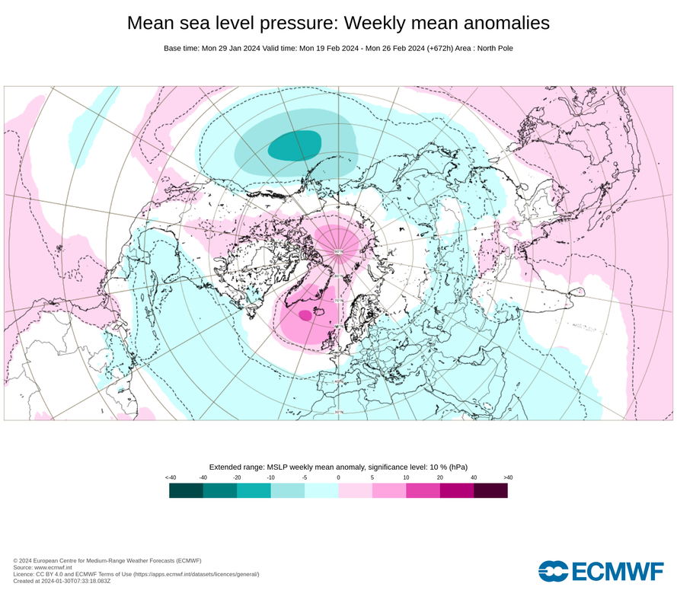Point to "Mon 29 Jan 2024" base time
pyautogui.click(x=231, y=49)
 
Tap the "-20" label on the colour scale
pyautogui.click(x=237, y=477)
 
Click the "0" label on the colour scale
pyautogui.click(x=338, y=477)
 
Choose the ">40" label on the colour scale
pyautogui.click(x=508, y=477)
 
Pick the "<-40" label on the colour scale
pyautogui.click(x=170, y=477)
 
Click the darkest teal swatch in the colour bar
pyautogui.click(x=186, y=491)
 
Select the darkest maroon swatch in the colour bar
pyautogui.click(x=490, y=491)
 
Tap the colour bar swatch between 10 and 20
pyautogui.click(x=423, y=491)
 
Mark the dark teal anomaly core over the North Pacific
pyautogui.click(x=295, y=145)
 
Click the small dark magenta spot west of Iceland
pyautogui.click(x=305, y=314)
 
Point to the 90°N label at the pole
pyautogui.click(x=339, y=251)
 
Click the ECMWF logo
pyautogui.click(x=600, y=571)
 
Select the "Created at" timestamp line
pyautogui.click(x=62, y=581)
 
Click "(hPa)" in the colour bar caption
pyautogui.click(x=458, y=466)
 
